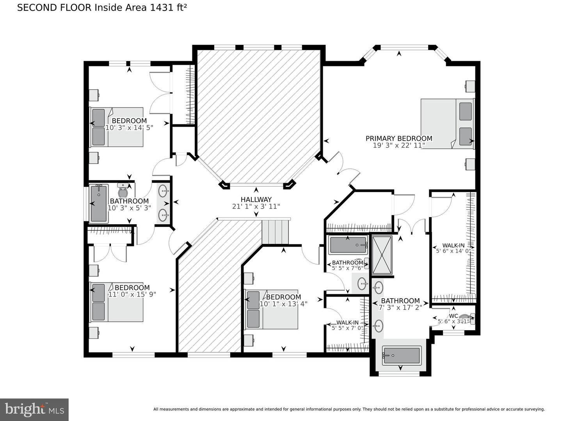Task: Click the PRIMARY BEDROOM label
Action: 399,138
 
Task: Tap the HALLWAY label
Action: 256,200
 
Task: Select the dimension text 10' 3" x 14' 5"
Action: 129,127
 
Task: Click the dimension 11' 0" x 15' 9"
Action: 132,294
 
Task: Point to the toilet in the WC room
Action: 466,319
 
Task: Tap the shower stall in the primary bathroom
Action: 382,255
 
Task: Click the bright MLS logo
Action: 34,409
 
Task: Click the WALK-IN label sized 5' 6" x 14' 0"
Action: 453,245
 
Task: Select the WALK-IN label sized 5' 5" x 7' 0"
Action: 347,322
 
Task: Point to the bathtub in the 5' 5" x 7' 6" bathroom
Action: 348,245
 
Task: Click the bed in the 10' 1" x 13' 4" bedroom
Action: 272,309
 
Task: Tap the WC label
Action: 453,316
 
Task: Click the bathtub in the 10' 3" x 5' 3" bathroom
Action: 99,203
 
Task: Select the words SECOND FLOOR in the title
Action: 54,7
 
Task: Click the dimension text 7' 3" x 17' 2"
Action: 400,307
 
